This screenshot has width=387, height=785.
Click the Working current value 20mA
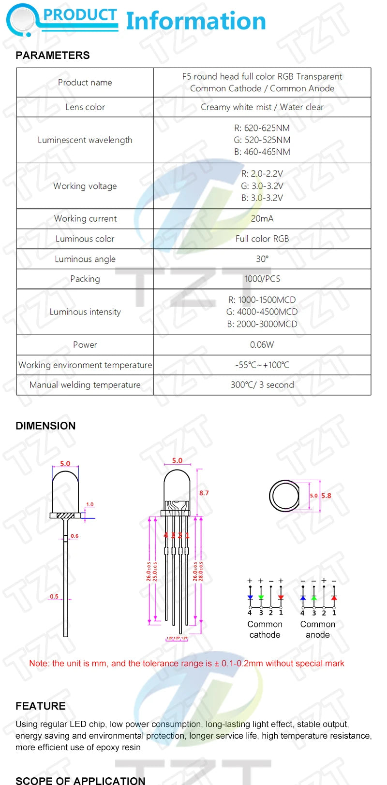coord(262,218)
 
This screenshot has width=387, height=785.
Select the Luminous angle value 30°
coord(262,259)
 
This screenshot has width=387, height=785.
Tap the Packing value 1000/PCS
coord(262,279)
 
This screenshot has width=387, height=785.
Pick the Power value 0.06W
coord(262,344)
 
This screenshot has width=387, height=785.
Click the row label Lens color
coord(85,107)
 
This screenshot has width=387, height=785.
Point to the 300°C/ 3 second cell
coord(262,385)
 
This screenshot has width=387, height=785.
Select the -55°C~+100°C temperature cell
coord(262,365)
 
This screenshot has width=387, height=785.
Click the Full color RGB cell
coord(262,239)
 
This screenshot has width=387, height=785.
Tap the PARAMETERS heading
coord(53,56)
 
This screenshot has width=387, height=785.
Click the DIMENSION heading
coord(45,426)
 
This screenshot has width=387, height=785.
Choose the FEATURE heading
coord(41,706)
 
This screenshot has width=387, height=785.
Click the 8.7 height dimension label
coord(204,493)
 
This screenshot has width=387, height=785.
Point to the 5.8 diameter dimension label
coord(327,496)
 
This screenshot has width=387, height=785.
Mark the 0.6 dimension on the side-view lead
coord(74,536)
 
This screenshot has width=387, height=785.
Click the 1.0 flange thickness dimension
coord(90,504)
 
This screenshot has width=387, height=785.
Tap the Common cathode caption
coord(265,629)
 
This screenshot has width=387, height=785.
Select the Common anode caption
coord(318,629)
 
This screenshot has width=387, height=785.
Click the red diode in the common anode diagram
coord(334,598)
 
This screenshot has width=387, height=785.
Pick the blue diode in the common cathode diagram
coord(250,598)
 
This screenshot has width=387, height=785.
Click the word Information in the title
coord(196,21)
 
